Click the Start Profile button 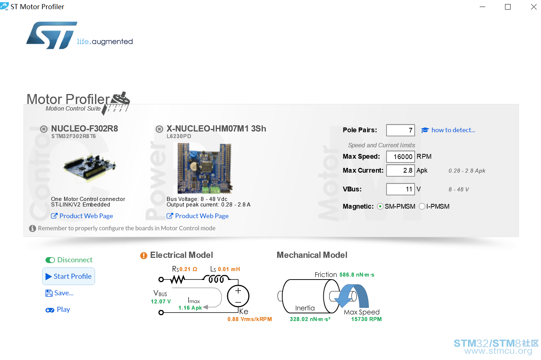click(x=69, y=276)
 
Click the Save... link click(x=59, y=293)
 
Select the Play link click(x=58, y=310)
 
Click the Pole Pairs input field click(x=400, y=130)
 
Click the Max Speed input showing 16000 click(x=400, y=156)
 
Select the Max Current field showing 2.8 click(x=400, y=170)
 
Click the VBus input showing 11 click(x=400, y=189)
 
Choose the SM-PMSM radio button click(x=380, y=206)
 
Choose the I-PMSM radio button click(x=422, y=206)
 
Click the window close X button click(x=534, y=7)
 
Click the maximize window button click(x=508, y=7)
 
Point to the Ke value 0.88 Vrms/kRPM click(x=250, y=319)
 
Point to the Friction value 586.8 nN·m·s click(x=357, y=275)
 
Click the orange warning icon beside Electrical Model click(x=144, y=255)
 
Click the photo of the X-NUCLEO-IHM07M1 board click(x=205, y=168)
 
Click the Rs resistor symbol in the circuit click(x=178, y=280)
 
